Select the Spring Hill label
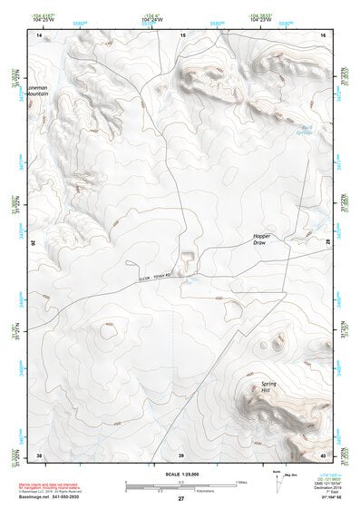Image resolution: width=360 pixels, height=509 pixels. click(x=269, y=386)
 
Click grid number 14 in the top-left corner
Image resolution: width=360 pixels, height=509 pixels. click(x=39, y=34)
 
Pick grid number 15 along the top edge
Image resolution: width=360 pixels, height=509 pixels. click(x=182, y=34)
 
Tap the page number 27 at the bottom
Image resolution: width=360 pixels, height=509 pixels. click(x=180, y=500)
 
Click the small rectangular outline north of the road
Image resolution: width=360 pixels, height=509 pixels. click(x=187, y=260)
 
